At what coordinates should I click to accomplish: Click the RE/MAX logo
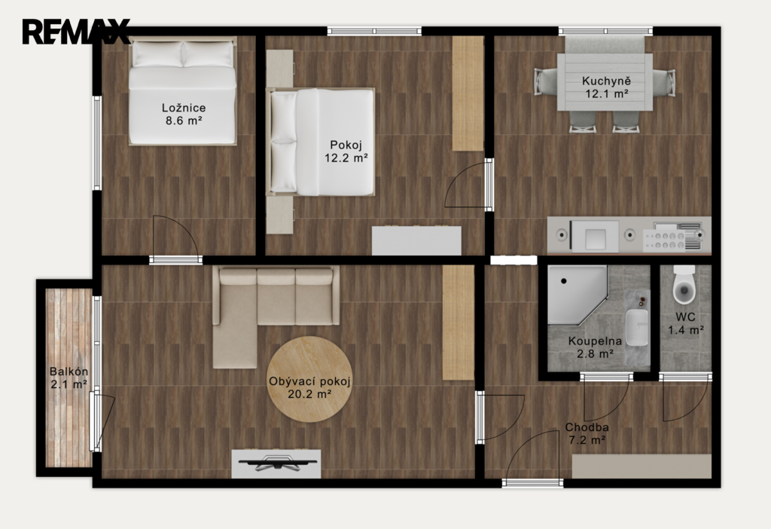76,32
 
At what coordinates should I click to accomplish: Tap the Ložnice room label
184,108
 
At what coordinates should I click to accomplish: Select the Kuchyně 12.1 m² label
606,87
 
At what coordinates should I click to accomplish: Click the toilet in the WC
684,285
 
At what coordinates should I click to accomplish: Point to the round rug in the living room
309,379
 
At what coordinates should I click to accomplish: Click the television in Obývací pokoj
276,463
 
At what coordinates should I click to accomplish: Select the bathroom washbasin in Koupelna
637,327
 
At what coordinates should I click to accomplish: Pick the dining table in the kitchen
605,82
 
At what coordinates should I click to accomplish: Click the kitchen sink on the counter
595,235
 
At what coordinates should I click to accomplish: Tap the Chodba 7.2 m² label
587,433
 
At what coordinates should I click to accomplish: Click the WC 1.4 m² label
685,323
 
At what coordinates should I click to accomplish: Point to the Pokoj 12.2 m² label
346,151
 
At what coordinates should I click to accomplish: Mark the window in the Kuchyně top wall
605,31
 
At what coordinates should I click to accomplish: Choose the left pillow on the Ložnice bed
157,54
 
